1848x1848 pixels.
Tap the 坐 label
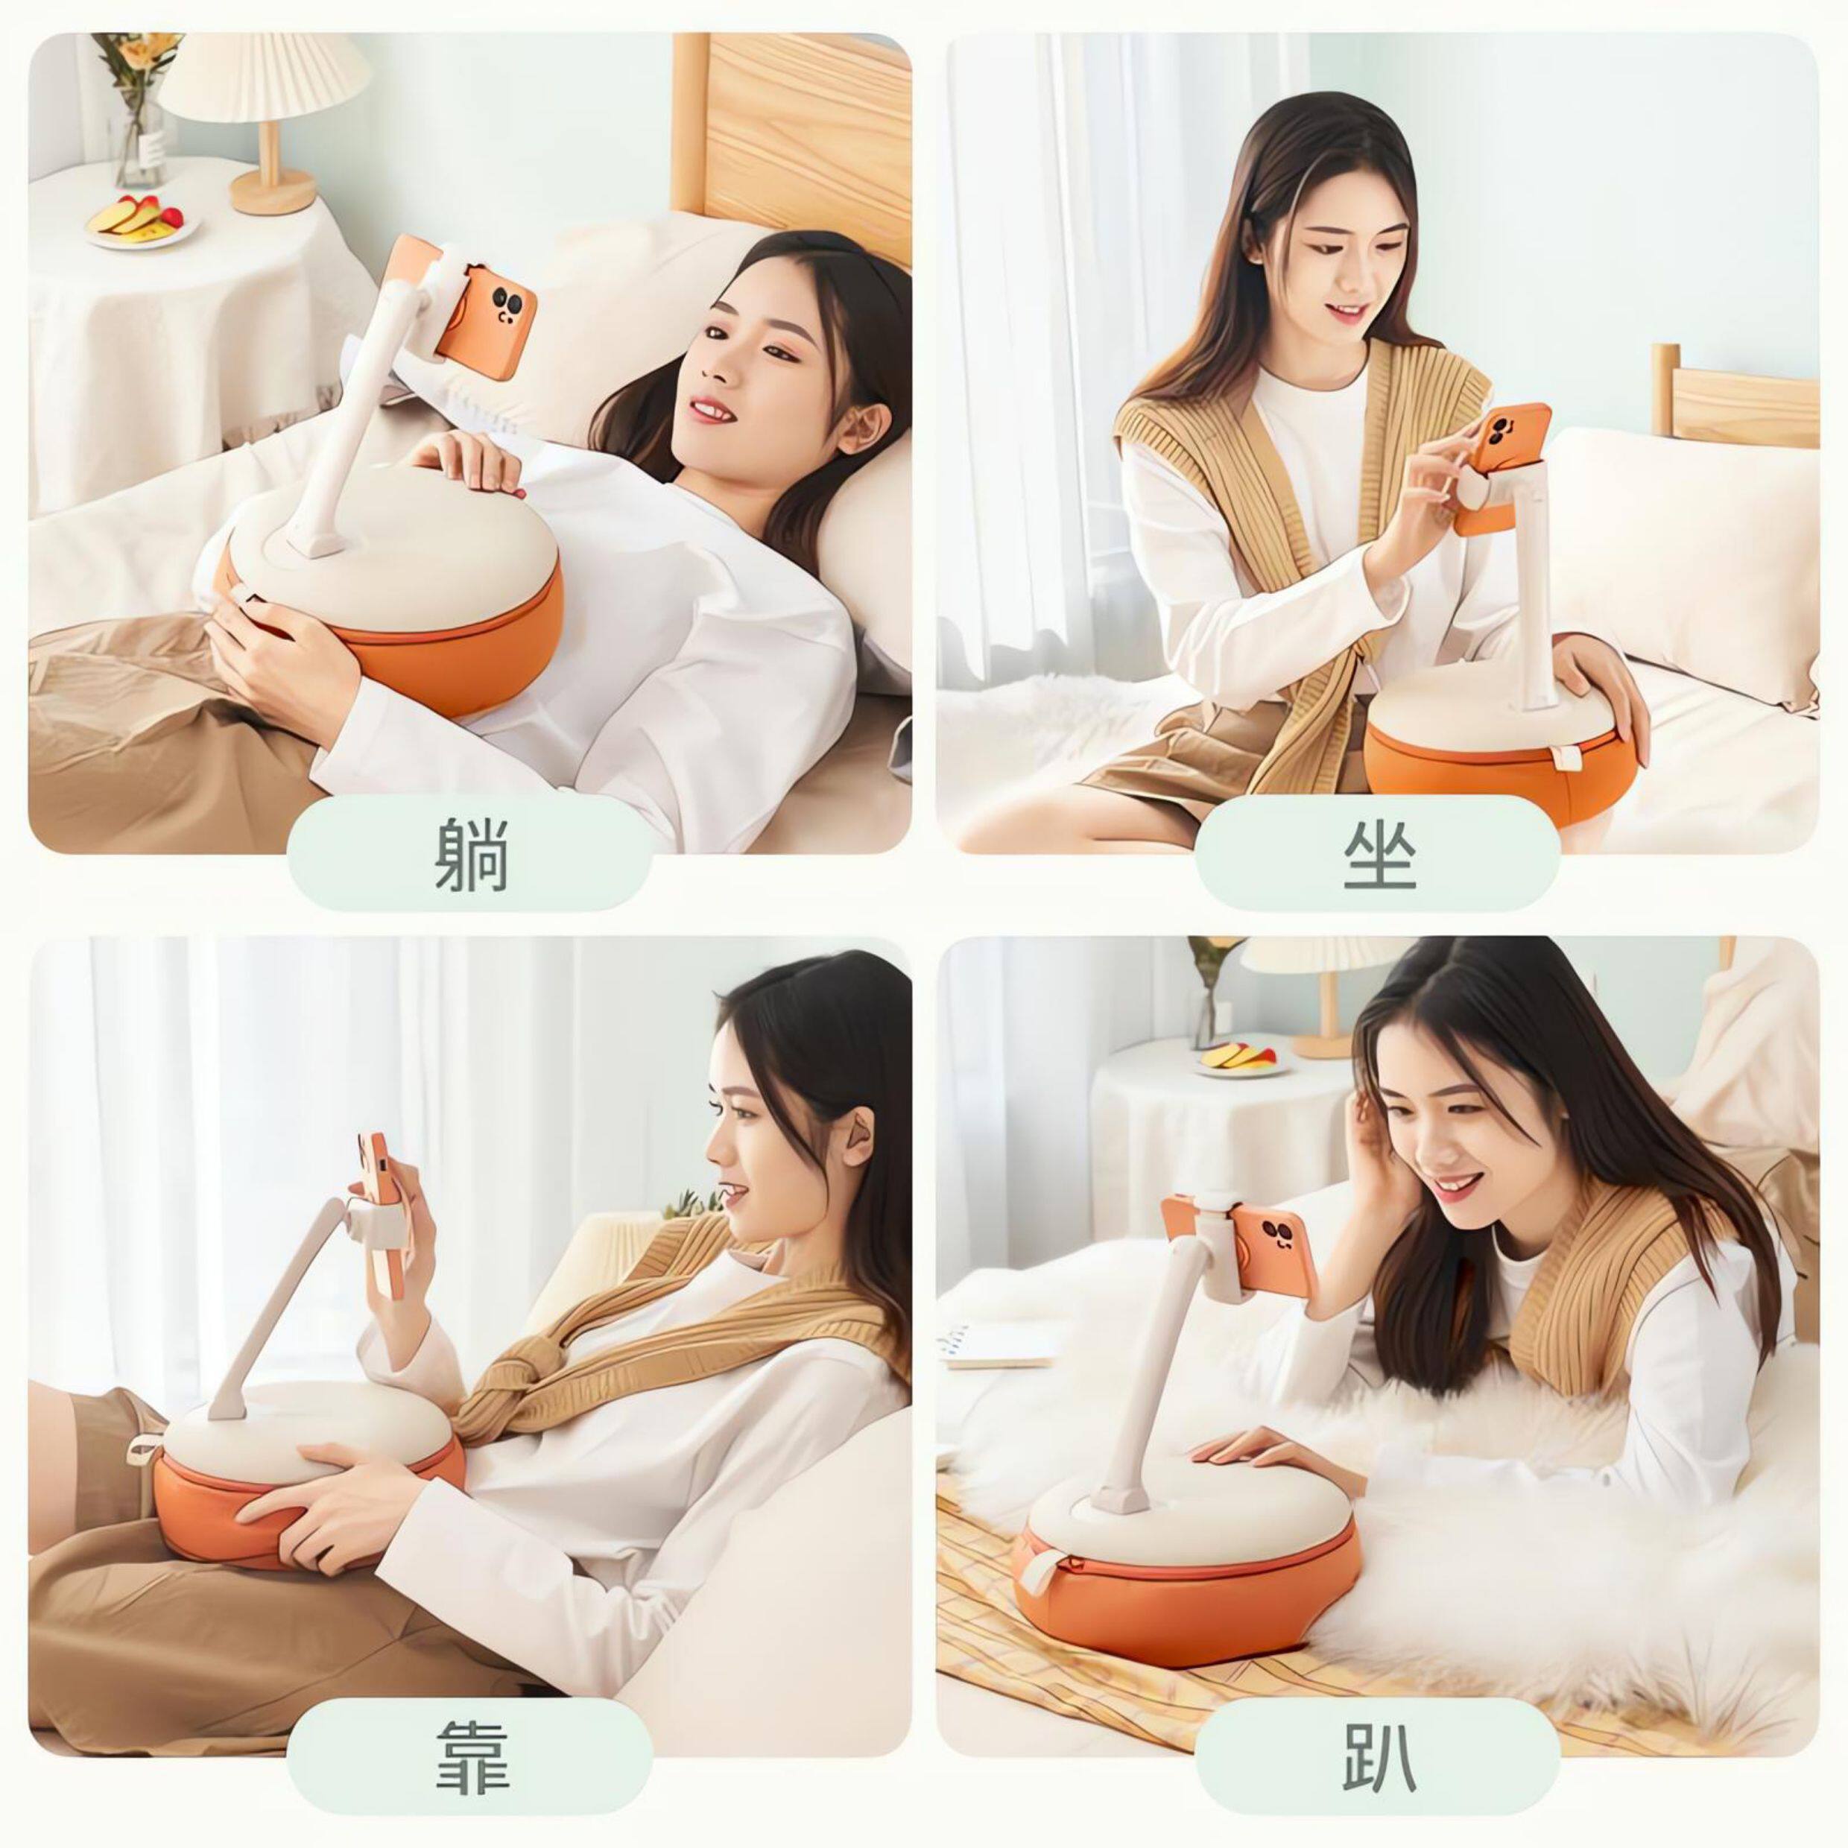(1379, 854)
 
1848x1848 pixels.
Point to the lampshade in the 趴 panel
(1326, 968)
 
